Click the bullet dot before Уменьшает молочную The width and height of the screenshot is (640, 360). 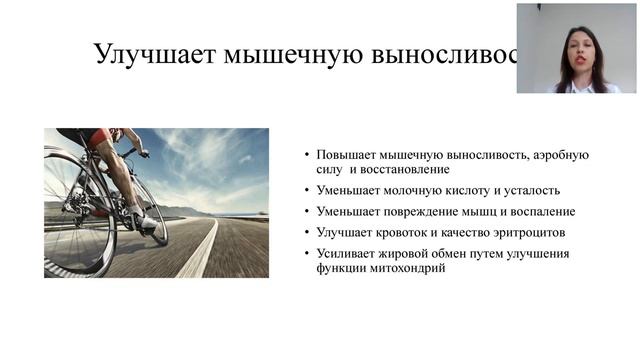[307, 191]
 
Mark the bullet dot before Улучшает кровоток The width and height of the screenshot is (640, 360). [307, 233]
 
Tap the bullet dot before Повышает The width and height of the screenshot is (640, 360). [307, 156]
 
